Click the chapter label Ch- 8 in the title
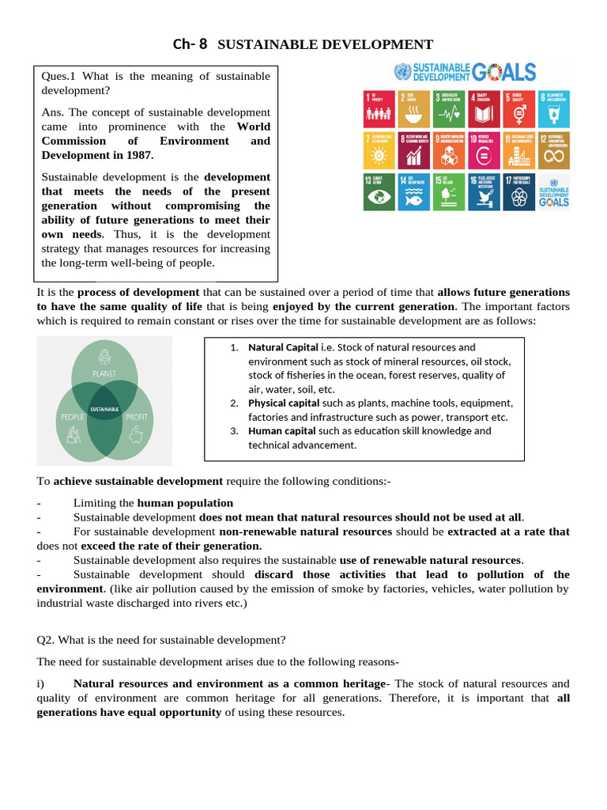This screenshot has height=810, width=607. click(x=190, y=44)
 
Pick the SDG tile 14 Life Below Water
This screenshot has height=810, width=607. click(x=413, y=191)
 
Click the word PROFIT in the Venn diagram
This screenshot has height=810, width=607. click(x=136, y=416)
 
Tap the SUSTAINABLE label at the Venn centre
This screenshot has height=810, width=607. click(x=104, y=409)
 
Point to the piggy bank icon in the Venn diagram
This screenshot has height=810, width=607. click(x=135, y=434)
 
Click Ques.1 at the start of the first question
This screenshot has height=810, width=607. click(x=58, y=76)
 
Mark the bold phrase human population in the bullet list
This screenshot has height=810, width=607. click(x=185, y=502)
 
